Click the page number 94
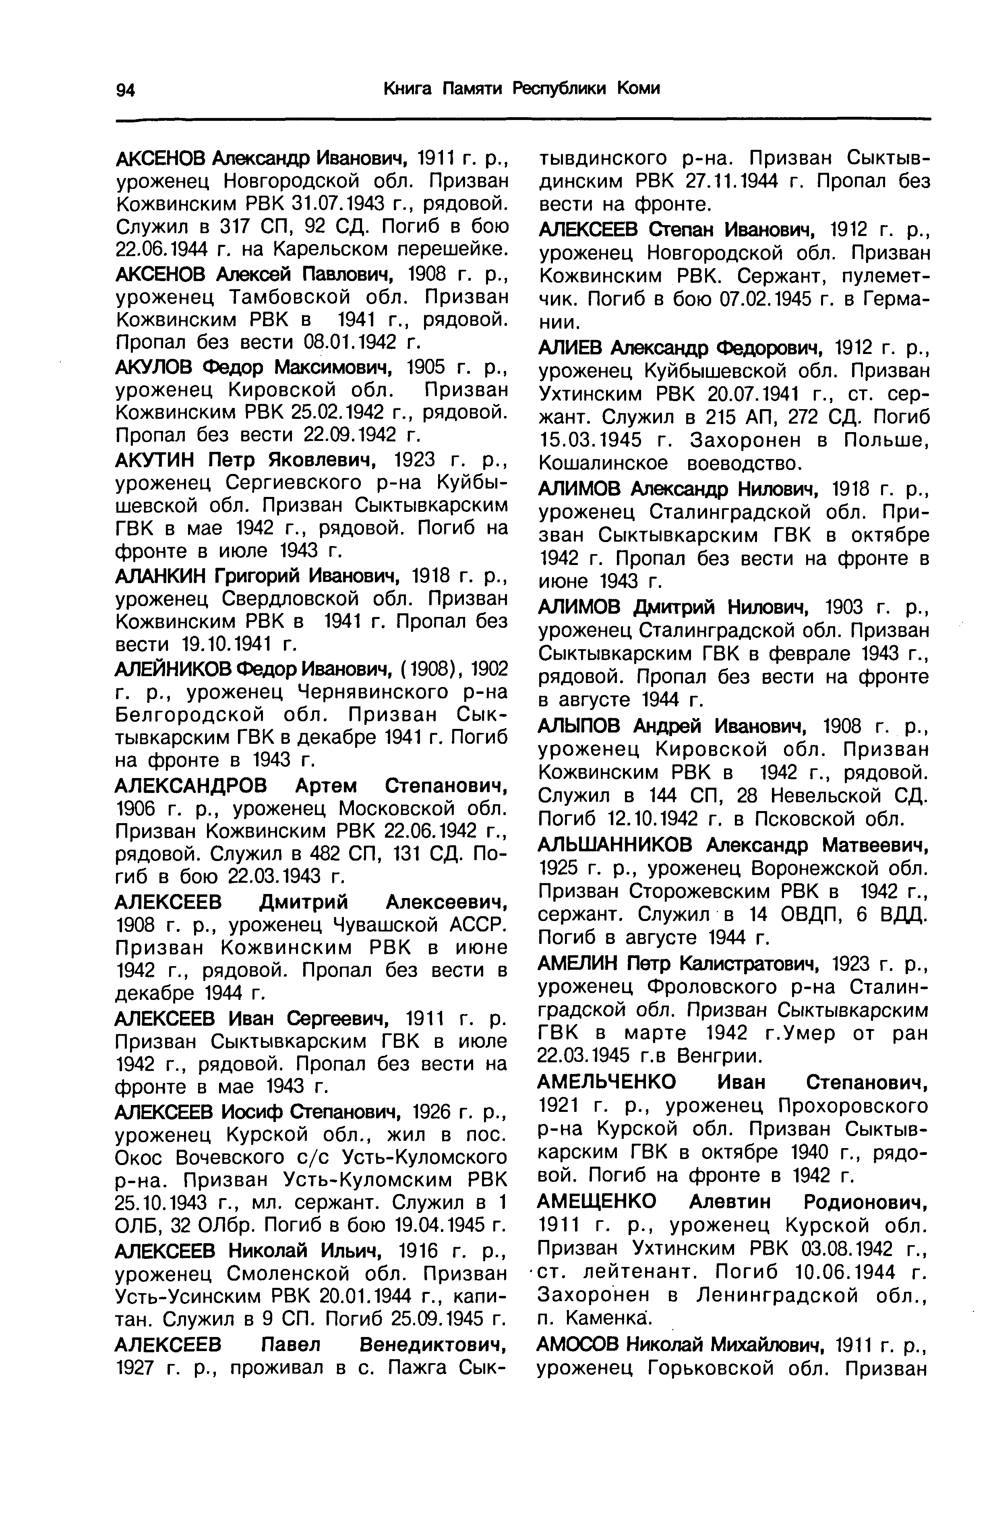tap(126, 90)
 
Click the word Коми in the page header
tap(638, 89)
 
